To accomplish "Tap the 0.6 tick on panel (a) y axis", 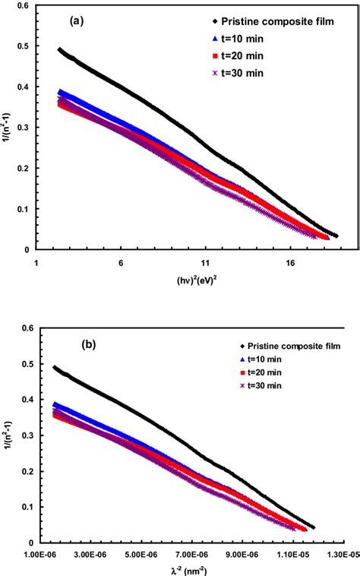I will [23, 5].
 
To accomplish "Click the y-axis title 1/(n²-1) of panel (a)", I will [8, 127].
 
